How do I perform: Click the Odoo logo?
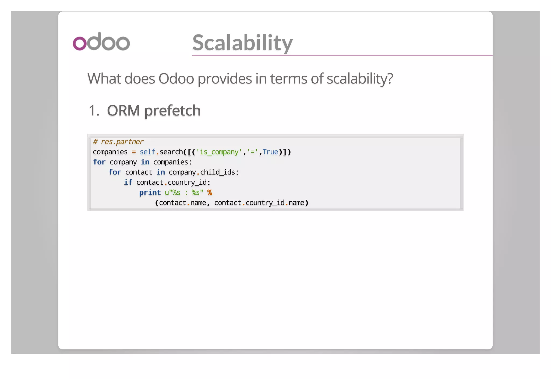coord(101,42)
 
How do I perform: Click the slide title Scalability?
coord(242,43)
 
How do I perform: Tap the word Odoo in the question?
coord(176,79)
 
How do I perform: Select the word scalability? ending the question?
coord(360,79)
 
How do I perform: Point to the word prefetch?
coord(172,111)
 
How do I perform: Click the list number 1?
coord(94,111)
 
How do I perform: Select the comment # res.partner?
coord(118,142)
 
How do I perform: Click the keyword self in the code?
coord(147,152)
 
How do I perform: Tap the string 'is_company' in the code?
coord(219,152)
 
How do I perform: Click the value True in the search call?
coord(270,152)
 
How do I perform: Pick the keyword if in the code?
coord(128,183)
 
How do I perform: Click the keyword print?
coord(150,192)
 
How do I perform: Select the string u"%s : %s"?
coord(184,192)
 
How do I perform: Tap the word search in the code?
coord(171,152)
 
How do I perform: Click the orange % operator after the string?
coord(210,192)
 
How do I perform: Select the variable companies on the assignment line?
coord(110,152)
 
